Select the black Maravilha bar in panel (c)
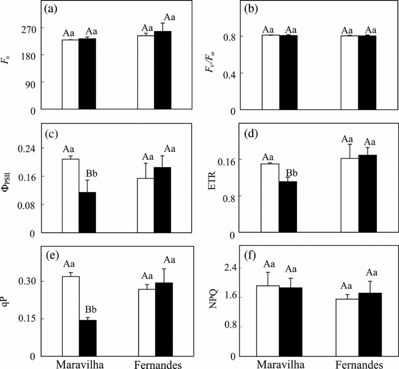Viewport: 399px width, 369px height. [87, 212]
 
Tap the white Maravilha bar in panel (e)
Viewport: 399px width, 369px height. [70, 316]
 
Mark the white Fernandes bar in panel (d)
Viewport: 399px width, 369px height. [349, 195]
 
